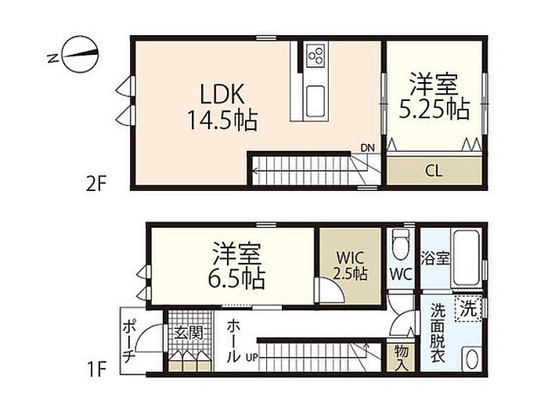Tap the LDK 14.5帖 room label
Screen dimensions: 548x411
222,107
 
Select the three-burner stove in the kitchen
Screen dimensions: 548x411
315,56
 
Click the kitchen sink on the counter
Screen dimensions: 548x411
315,102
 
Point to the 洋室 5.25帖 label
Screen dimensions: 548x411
434,96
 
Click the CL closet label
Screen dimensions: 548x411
434,171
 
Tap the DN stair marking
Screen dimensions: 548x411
367,148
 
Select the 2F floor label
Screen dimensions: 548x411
96,183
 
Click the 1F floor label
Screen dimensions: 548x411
96,369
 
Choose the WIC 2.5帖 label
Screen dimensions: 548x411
350,266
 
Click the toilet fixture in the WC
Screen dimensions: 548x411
401,244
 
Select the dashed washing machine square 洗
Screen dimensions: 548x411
468,308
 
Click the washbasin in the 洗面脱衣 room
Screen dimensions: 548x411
472,359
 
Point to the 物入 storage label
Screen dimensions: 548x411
401,358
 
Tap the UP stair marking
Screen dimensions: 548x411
252,358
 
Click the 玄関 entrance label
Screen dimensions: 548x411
189,333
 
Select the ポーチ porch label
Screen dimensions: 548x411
128,340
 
